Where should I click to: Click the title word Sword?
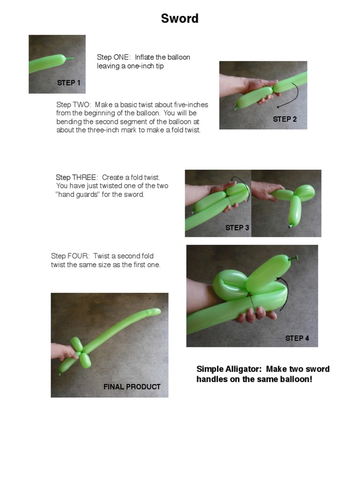180,19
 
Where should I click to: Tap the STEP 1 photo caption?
69,83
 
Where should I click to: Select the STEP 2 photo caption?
285,120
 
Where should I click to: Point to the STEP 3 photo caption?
237,228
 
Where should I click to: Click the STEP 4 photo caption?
297,338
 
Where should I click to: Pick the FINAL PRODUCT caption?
132,387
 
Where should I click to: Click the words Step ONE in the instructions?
113,57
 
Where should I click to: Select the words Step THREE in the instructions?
76,177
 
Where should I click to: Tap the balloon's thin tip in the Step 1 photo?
70,59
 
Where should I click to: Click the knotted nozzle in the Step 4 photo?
295,258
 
